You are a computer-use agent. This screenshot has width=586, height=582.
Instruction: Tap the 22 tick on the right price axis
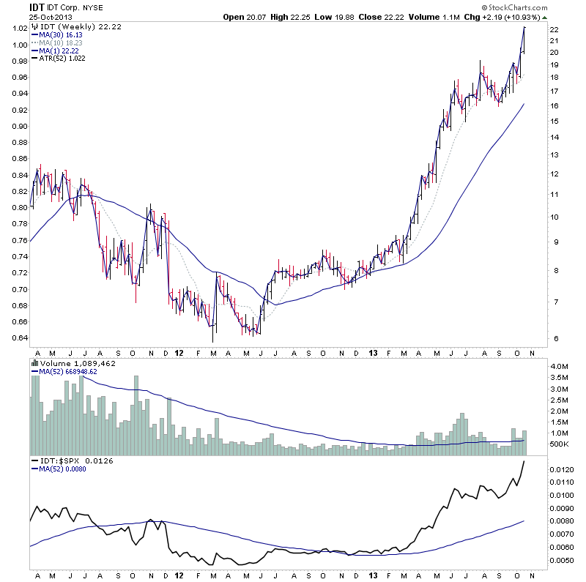point(555,29)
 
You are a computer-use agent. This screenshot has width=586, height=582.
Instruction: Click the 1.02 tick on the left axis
point(18,29)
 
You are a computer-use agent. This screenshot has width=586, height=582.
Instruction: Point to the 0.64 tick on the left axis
point(18,338)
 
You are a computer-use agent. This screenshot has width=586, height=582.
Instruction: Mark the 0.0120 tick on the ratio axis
point(563,469)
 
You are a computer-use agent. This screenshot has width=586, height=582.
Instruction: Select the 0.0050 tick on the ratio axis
point(563,561)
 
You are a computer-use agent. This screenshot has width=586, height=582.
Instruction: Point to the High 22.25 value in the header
point(294,16)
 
